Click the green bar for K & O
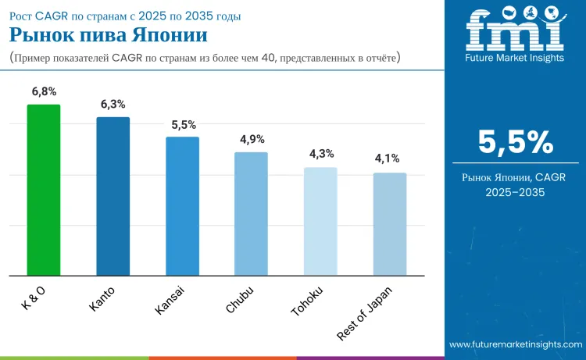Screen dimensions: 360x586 [44, 190]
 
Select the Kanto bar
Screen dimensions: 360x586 [113, 196]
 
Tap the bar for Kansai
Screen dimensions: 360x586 [182, 206]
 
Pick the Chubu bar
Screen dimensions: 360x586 [251, 213]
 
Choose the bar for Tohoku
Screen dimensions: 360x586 [320, 221]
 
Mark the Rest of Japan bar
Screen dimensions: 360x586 [389, 224]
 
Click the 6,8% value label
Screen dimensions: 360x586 [44, 91]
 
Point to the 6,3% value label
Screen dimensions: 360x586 [113, 104]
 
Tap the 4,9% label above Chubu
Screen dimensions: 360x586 [252, 139]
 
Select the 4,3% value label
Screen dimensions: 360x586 [321, 154]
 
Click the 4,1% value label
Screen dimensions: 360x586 [390, 159]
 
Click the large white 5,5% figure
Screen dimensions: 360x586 [515, 142]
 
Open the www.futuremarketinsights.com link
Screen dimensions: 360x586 [515, 344]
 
